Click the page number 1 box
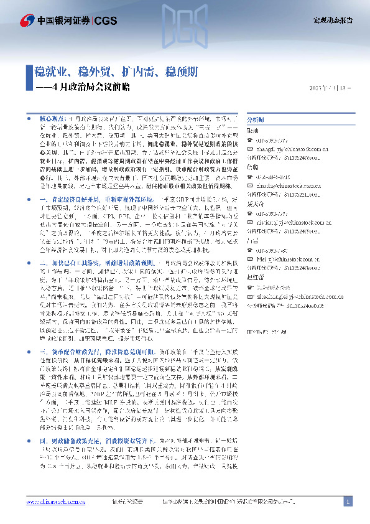[x=348, y=501]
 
